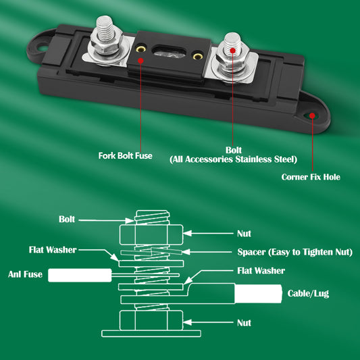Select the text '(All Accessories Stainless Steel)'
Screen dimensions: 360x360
tap(233, 159)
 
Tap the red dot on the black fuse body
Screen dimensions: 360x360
tap(140, 59)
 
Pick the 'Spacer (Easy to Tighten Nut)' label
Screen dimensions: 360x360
tap(294, 252)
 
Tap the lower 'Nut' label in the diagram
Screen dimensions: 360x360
tap(244, 323)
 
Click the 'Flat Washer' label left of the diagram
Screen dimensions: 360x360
tap(53, 249)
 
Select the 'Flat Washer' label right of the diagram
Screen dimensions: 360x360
tap(261, 270)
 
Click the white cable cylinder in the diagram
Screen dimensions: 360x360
tap(257, 294)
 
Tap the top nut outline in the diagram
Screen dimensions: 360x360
tap(153, 235)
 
